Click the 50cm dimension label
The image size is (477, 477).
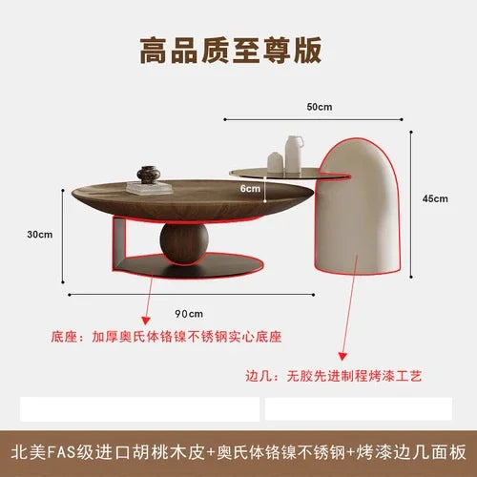[320, 107]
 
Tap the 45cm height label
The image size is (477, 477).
[435, 198]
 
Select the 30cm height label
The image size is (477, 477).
[40, 235]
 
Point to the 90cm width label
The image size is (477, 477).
[189, 314]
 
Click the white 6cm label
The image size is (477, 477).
[250, 189]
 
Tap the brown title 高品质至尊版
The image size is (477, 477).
[231, 51]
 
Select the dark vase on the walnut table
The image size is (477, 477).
[149, 175]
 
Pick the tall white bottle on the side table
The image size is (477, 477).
[294, 155]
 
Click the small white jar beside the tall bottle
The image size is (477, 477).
[276, 162]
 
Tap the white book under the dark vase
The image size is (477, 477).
[149, 188]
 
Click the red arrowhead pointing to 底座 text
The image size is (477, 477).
[146, 321]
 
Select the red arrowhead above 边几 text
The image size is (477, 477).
[342, 357]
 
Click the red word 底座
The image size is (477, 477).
[64, 337]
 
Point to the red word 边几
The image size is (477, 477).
[259, 376]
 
